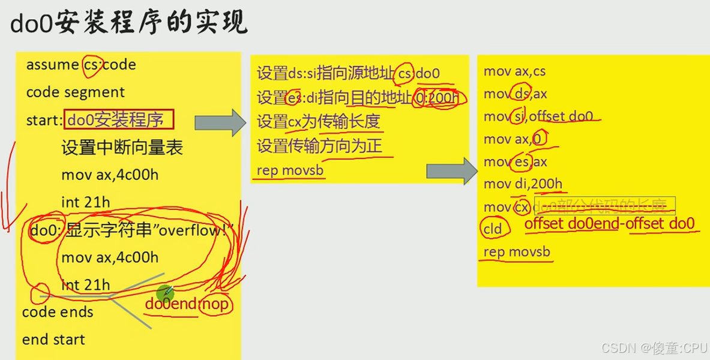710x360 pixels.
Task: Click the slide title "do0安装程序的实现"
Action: click(128, 24)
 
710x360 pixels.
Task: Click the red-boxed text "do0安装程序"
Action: click(119, 120)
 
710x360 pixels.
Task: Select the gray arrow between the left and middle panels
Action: click(220, 123)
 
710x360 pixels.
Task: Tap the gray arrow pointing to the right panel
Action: click(447, 172)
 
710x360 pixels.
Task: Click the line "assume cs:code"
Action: click(81, 65)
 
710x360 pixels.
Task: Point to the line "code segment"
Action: click(76, 92)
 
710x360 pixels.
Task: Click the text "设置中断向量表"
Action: click(122, 148)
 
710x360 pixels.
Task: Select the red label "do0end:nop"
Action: click(187, 304)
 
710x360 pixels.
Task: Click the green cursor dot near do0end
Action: click(165, 293)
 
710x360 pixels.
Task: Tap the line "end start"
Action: click(53, 340)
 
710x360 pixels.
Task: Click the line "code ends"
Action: click(58, 312)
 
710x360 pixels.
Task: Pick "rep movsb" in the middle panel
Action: click(290, 170)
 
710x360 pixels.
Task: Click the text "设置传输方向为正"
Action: click(319, 146)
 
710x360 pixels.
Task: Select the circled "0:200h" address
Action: click(436, 98)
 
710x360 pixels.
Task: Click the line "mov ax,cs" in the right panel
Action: click(514, 71)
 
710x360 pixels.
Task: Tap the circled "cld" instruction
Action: click(493, 229)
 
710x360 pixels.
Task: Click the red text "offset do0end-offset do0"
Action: click(609, 224)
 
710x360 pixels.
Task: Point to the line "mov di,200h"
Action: click(523, 184)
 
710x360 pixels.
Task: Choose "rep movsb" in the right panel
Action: click(517, 252)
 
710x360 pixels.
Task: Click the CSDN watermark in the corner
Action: click(654, 347)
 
